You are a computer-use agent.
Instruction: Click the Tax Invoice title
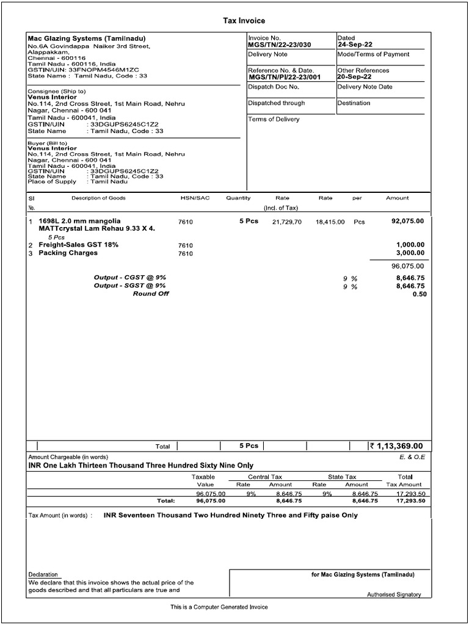[244, 21]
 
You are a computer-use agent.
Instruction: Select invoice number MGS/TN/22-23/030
[280, 45]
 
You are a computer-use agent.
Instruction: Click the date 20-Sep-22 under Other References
[354, 78]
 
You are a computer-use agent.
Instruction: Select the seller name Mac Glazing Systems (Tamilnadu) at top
[87, 38]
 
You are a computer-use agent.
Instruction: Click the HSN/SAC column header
[194, 198]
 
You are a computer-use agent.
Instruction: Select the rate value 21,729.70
[286, 222]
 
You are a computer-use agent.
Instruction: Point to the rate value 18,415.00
[330, 222]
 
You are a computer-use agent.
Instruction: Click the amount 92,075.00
[407, 221]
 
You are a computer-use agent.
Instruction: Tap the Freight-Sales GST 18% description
[78, 245]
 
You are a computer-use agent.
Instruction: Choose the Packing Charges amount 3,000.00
[410, 253]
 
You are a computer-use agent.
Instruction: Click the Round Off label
[151, 294]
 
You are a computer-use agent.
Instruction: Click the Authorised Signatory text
[393, 594]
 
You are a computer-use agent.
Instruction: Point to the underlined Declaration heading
[43, 574]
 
